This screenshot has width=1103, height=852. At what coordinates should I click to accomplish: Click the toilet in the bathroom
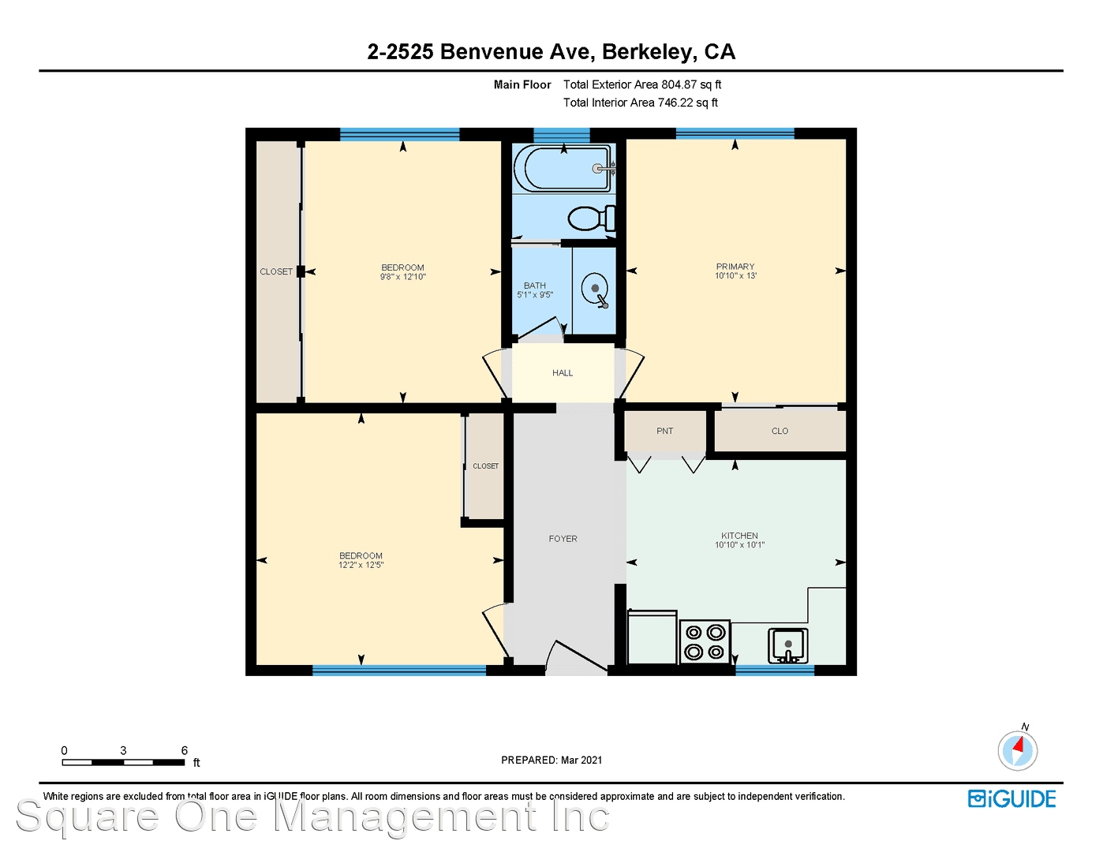point(592,219)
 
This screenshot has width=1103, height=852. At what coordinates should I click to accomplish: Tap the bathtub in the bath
point(563,169)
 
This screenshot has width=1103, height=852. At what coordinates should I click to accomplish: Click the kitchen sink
point(787,645)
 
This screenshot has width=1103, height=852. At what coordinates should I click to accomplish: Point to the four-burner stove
point(705,642)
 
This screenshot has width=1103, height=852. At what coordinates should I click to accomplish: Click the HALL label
point(563,373)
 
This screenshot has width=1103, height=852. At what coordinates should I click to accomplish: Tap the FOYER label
point(563,538)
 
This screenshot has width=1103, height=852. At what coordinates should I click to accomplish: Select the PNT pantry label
point(664,431)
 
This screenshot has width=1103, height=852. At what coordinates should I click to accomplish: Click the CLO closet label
point(780,431)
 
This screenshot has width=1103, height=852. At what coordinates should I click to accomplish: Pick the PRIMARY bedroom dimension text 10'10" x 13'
point(735,275)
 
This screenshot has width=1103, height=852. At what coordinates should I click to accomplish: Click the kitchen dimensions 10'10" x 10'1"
point(739,544)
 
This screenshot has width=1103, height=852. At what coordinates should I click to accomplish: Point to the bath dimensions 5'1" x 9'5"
point(535,294)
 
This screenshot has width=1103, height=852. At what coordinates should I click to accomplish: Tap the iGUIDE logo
point(1011,798)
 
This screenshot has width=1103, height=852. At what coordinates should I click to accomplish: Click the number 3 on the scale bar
point(123,750)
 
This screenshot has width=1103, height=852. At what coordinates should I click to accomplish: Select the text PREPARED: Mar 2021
point(551,760)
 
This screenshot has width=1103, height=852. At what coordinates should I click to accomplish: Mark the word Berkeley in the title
point(649,52)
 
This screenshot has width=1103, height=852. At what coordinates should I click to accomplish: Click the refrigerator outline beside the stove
point(652,637)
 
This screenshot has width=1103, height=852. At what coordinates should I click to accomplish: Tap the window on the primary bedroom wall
point(735,133)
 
